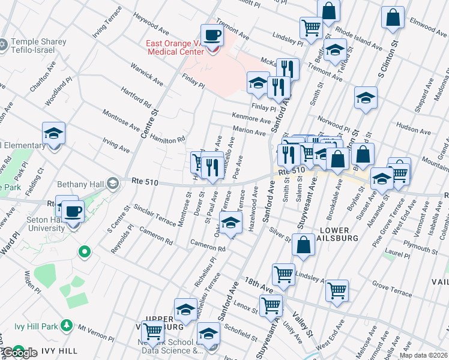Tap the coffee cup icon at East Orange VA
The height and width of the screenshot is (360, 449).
(x=211, y=35)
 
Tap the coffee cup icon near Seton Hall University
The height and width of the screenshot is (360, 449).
(x=74, y=211)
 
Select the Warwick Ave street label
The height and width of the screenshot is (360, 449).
(x=148, y=74)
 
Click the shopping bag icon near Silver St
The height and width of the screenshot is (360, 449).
(x=304, y=245)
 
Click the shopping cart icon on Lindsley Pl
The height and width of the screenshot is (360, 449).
(x=311, y=27)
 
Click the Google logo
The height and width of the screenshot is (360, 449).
(x=20, y=353)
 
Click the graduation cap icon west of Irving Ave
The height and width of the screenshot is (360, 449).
(x=53, y=134)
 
